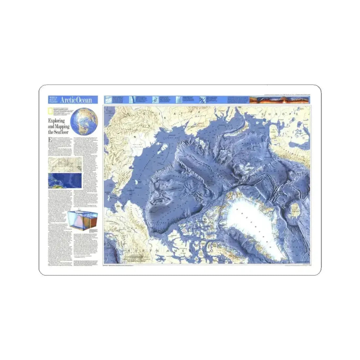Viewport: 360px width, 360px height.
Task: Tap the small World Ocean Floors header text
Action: click(54, 100)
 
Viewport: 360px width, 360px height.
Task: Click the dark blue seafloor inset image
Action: click(64, 180)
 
